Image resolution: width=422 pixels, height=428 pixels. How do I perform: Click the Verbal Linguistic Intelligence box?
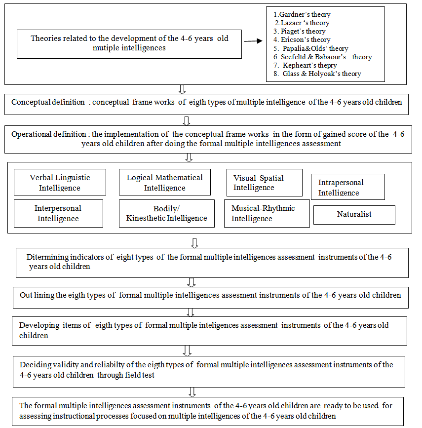[x=60, y=183]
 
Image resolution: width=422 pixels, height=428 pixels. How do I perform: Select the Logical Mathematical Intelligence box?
[x=164, y=183]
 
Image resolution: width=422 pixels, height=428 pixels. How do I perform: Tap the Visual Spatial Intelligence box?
[x=264, y=183]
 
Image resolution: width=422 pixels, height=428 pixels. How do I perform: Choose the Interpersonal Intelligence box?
[x=58, y=213]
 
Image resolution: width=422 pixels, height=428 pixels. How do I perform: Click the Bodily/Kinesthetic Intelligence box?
[x=166, y=213]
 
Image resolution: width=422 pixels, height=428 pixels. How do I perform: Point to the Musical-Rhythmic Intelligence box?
[x=267, y=213]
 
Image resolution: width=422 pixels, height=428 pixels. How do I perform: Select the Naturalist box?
[x=354, y=215]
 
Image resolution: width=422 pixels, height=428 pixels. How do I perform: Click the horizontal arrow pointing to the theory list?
[x=253, y=41]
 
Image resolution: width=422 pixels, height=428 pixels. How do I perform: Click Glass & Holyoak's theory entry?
[x=321, y=74]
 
